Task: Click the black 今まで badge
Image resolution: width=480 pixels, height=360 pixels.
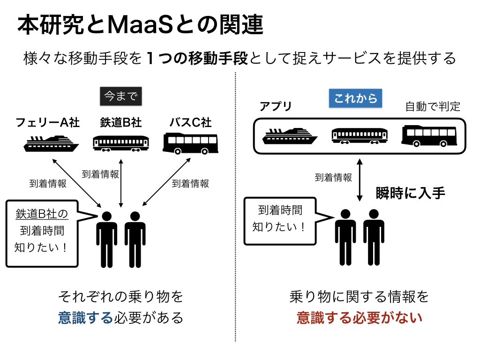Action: [x=121, y=97]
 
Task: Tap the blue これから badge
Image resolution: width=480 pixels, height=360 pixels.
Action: [x=356, y=98]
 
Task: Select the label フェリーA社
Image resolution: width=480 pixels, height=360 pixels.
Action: [x=48, y=123]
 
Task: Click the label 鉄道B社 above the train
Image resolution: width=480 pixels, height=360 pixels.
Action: [x=121, y=123]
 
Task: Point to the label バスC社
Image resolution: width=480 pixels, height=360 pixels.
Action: [x=190, y=123]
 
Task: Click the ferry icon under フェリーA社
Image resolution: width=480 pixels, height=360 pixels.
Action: [x=51, y=143]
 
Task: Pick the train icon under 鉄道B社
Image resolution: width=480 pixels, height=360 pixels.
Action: [x=121, y=143]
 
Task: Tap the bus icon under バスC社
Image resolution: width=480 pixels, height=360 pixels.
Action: [x=190, y=143]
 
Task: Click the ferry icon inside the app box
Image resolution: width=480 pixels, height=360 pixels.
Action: [x=290, y=136]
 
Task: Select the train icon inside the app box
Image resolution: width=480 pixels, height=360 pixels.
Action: [x=360, y=135]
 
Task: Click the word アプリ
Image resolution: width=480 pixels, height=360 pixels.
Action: [x=276, y=107]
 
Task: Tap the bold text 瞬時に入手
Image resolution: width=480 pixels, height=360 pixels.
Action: [x=411, y=193]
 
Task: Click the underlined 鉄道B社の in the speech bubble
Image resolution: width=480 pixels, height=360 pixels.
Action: [x=42, y=214]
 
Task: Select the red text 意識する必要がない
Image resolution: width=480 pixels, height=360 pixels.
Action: [x=360, y=318]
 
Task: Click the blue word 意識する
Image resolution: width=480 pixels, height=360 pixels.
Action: [x=86, y=318]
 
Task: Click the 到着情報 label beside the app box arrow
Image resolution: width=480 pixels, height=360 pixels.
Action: [x=333, y=178]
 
